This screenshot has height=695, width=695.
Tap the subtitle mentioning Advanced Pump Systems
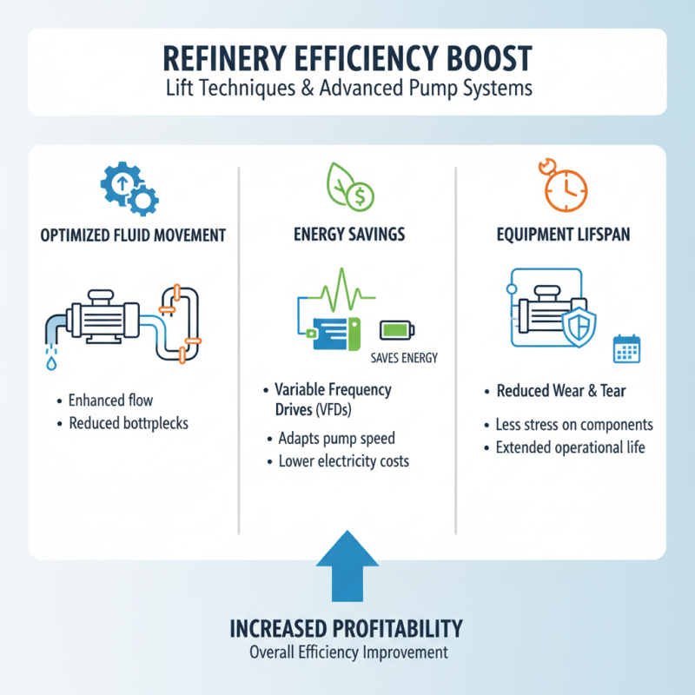coord(347,89)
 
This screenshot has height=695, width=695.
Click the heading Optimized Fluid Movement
coord(133,235)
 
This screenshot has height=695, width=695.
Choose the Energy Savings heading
coord(347,235)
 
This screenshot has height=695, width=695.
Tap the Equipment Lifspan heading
coord(564,235)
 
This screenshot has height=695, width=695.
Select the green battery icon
coord(397,330)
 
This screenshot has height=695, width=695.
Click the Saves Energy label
coord(404,358)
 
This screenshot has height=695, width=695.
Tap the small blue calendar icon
coord(626,348)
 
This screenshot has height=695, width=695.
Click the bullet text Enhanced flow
coord(110,400)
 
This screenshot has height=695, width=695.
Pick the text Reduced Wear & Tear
coord(560,392)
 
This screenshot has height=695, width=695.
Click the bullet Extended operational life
coord(570,448)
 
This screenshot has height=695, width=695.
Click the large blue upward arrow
coord(347,569)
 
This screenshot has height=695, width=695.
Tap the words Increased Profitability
coord(347,628)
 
